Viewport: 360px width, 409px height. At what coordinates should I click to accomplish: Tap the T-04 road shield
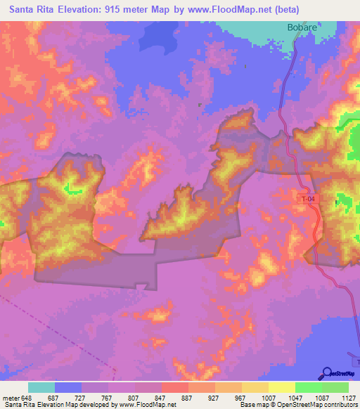303,200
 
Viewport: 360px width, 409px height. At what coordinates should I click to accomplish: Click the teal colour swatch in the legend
41,387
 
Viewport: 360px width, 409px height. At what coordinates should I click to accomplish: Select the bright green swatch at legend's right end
335,387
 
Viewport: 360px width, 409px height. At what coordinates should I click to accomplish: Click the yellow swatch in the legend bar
281,387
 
